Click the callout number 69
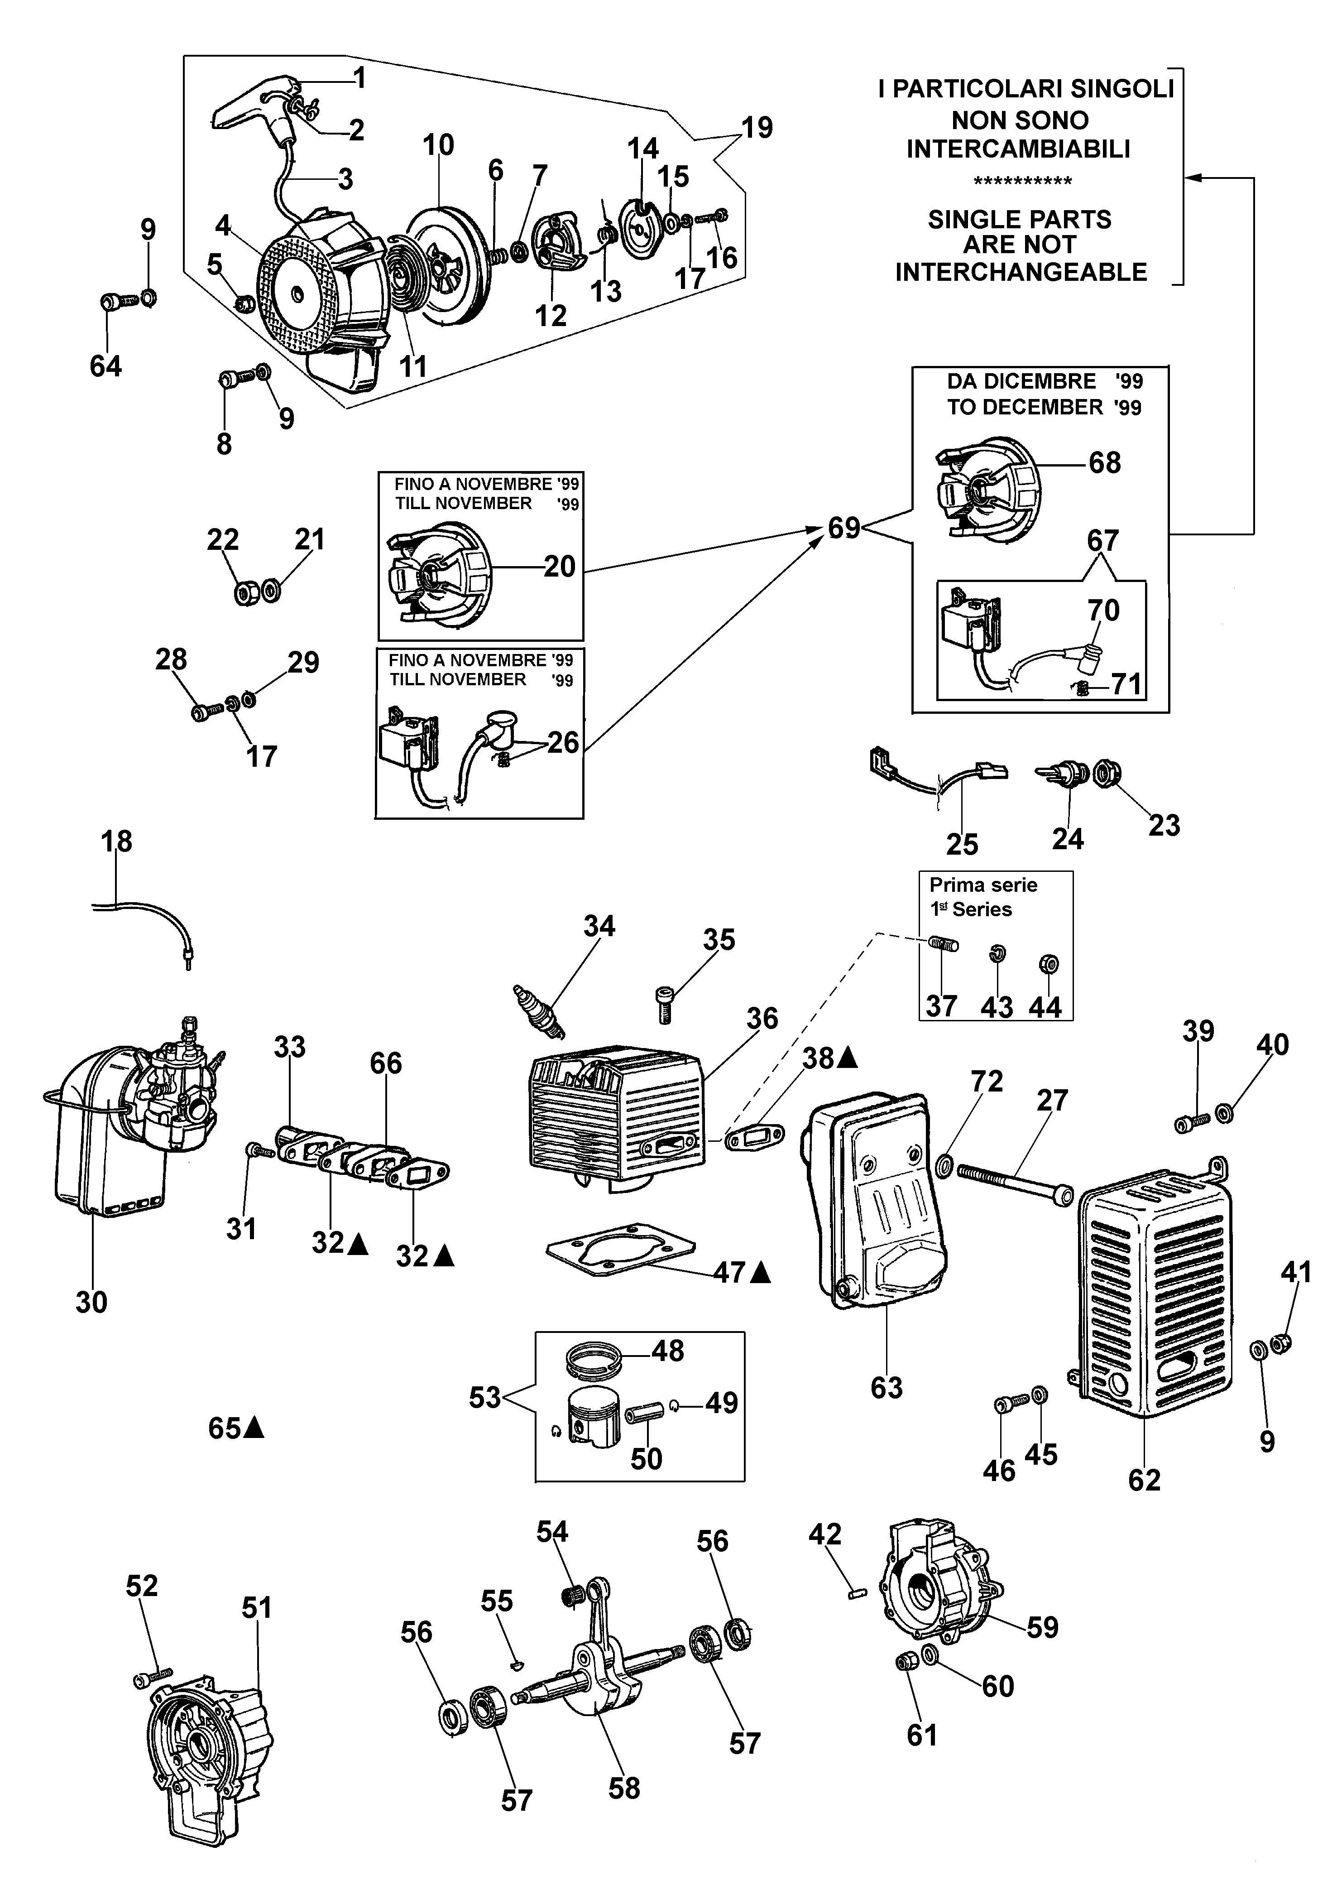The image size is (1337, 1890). tap(844, 527)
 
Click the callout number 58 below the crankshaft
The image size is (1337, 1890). tap(624, 1788)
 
